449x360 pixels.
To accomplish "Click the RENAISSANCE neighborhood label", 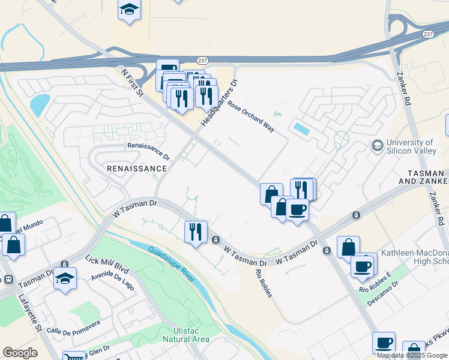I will coord(136,169).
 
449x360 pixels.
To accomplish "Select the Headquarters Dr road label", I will coord(220,103).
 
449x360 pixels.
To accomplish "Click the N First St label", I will coord(132,83).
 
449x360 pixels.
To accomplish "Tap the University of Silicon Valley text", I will coord(411,147).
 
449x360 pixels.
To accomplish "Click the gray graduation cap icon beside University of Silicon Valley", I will coord(378,146).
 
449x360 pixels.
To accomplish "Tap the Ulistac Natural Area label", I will coord(186,334).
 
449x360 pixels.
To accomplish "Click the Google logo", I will coord(20,353).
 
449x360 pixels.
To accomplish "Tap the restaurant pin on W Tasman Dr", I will coord(196,232).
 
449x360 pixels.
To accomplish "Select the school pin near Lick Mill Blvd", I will coord(65,278).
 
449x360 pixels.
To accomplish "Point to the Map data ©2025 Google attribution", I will coord(412,355).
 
